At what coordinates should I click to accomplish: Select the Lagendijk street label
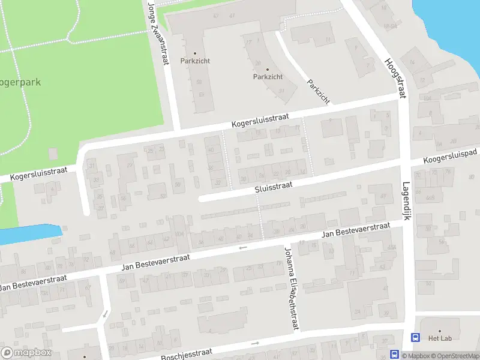click(406, 201)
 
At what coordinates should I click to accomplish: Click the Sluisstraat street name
click(273, 187)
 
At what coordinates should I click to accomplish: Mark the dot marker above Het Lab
click(439, 331)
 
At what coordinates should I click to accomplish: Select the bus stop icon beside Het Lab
click(415, 338)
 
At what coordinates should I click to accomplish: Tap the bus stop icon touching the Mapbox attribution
click(395, 354)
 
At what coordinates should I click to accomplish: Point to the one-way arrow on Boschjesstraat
click(254, 343)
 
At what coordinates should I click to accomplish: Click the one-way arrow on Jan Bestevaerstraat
click(242, 247)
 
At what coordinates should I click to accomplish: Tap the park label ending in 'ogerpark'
click(20, 82)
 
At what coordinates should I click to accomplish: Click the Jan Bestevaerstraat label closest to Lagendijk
click(356, 229)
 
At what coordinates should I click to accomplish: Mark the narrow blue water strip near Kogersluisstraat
click(30, 233)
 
